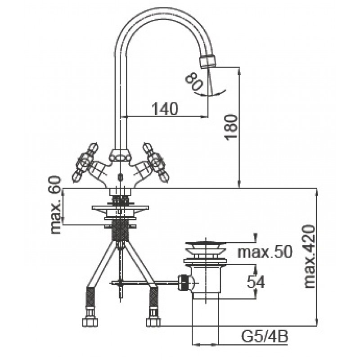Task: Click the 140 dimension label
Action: click(x=165, y=108)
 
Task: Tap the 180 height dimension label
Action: click(x=230, y=127)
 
